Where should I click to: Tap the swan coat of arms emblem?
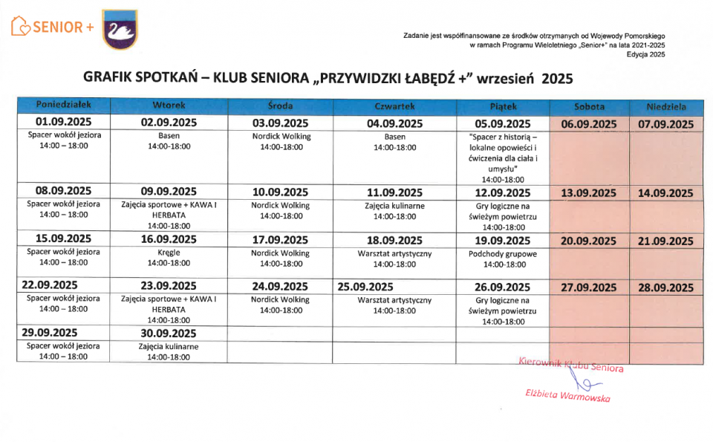(120, 30)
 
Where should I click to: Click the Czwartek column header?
(394, 106)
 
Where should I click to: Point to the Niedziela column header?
(665, 106)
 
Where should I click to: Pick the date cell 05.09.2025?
(503, 124)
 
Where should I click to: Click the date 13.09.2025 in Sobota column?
(589, 193)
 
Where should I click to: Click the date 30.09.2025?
(169, 333)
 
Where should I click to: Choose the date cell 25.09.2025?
(365, 287)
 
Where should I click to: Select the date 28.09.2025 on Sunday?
(665, 287)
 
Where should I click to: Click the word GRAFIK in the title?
(110, 79)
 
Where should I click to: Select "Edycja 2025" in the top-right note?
(645, 55)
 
